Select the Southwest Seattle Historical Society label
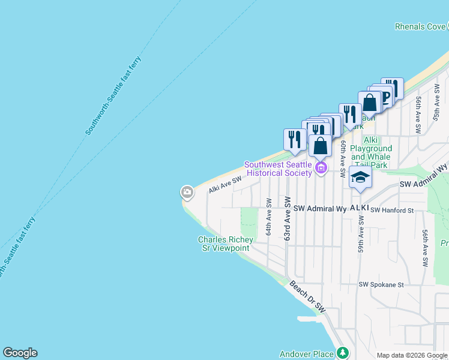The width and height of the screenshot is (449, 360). (278, 169)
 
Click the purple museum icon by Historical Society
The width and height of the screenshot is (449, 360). (321, 167)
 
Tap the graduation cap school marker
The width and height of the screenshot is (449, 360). (360, 177)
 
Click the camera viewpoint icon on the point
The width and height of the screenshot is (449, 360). (187, 192)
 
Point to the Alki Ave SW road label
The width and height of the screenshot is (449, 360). (225, 184)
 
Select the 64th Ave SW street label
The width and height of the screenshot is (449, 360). (269, 221)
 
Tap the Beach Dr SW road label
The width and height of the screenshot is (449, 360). (307, 296)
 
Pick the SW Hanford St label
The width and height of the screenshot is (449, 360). (392, 211)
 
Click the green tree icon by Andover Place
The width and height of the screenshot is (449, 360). (342, 353)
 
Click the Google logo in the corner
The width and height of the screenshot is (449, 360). (20, 353)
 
